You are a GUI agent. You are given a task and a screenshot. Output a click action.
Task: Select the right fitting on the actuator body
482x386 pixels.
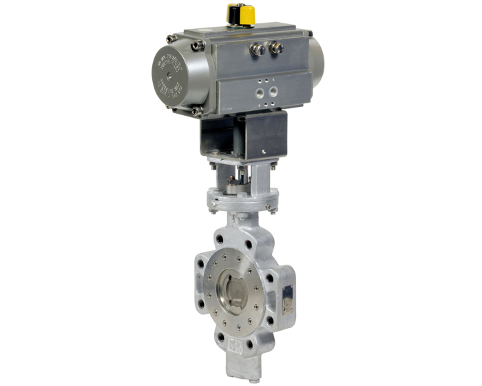[277, 48]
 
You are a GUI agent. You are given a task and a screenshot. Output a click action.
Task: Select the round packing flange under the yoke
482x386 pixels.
[242, 201]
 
